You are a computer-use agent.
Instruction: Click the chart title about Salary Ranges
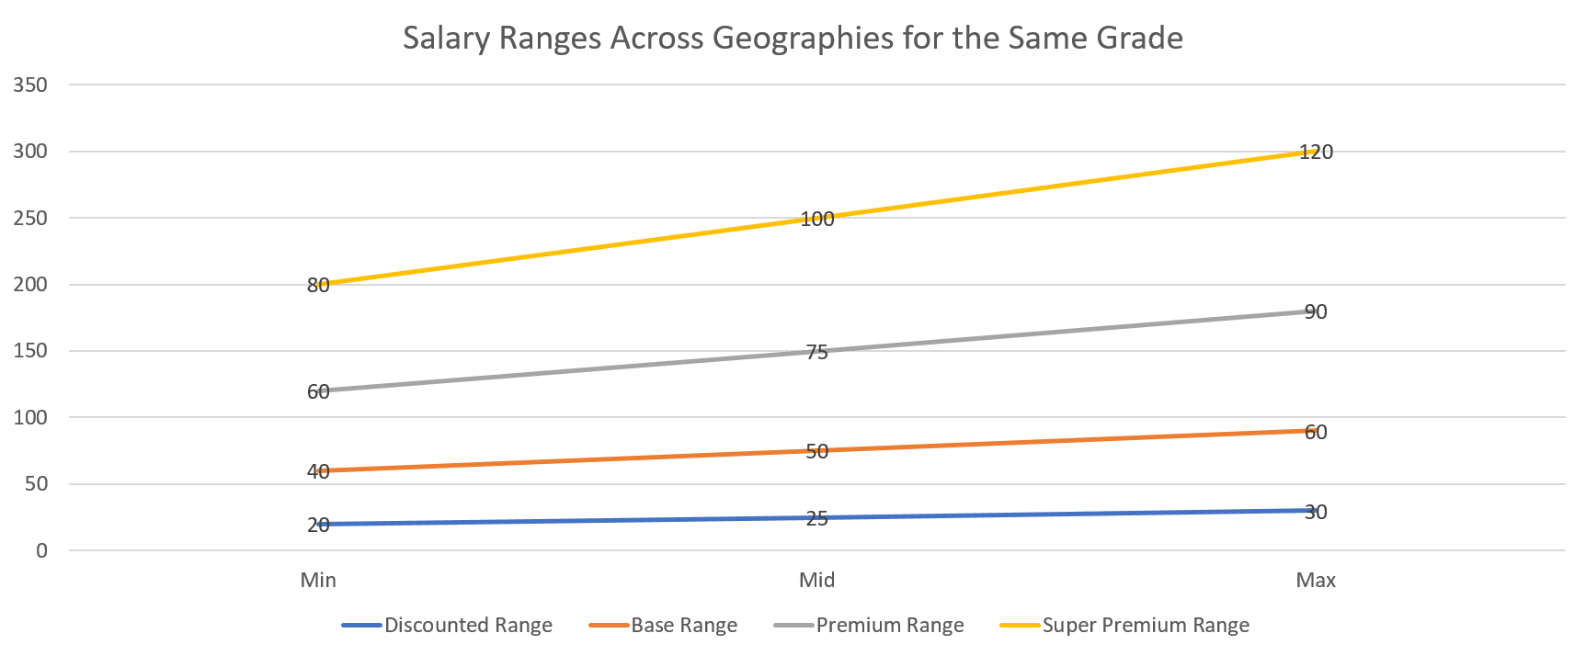[x=793, y=39]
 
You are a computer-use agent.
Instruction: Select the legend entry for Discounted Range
[x=468, y=626]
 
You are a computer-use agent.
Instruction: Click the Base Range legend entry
[x=683, y=626]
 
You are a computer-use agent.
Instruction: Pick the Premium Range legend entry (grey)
[x=889, y=626]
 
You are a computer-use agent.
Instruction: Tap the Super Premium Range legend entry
[x=1145, y=626]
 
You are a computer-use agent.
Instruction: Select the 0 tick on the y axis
[x=41, y=551]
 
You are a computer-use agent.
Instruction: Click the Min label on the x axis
[x=318, y=581]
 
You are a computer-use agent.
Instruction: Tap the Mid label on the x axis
[x=816, y=581]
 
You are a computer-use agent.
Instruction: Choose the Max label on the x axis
[x=1316, y=581]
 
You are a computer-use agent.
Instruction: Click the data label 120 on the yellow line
[x=1317, y=153]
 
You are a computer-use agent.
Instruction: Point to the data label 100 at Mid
[x=817, y=220]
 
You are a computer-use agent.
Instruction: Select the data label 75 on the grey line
[x=816, y=353]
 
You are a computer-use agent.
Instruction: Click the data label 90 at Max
[x=1316, y=312]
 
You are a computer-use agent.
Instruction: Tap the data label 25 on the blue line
[x=816, y=519]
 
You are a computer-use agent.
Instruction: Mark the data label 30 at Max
[x=1316, y=513]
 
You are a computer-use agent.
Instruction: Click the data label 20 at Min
[x=318, y=526]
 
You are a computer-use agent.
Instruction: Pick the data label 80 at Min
[x=318, y=286]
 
